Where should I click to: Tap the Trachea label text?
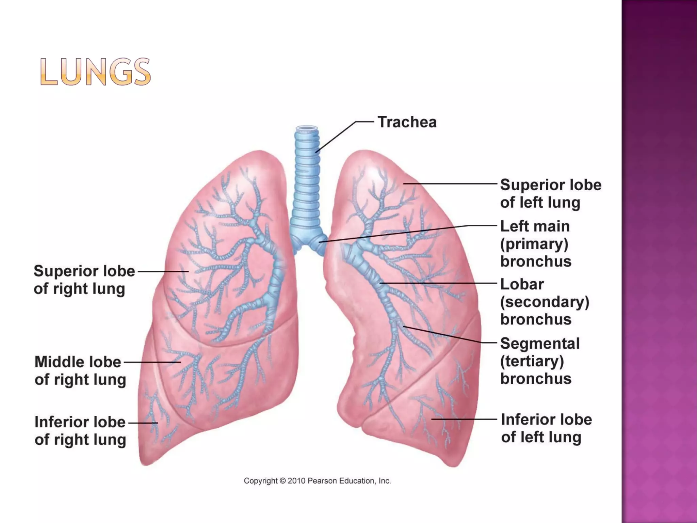pyautogui.click(x=407, y=122)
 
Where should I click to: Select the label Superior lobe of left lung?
pyautogui.click(x=550, y=193)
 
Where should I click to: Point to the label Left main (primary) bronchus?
pyautogui.click(x=535, y=243)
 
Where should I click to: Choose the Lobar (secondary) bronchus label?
pyautogui.click(x=544, y=302)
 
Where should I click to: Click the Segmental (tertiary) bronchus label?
pyautogui.click(x=539, y=361)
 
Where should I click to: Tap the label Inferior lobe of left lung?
pyautogui.click(x=546, y=428)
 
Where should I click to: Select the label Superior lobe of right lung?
pyautogui.click(x=84, y=280)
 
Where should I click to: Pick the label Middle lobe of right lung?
pyautogui.click(x=80, y=370)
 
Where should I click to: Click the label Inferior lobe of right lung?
pyautogui.click(x=80, y=430)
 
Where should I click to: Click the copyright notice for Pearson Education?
pyautogui.click(x=317, y=481)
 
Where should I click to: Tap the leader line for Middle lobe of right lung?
pyautogui.click(x=152, y=362)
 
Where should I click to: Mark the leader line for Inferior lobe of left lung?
pyautogui.click(x=464, y=419)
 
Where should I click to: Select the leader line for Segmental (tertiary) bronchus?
pyautogui.click(x=449, y=335)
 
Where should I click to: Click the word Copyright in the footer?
pyautogui.click(x=260, y=481)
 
